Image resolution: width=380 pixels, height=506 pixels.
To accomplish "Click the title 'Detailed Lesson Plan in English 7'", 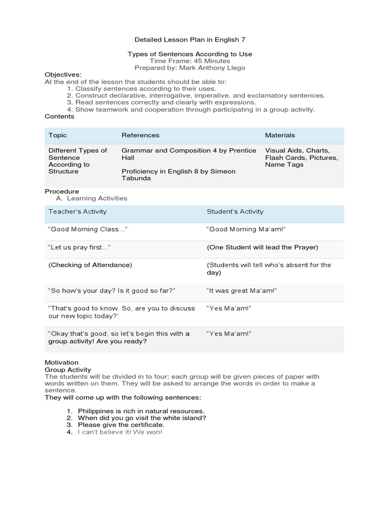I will (x=190, y=39).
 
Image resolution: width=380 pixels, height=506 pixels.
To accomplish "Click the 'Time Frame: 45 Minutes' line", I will (x=190, y=60).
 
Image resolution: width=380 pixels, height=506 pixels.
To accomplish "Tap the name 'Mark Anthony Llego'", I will (x=213, y=67).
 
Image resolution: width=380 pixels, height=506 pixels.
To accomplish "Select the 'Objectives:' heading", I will (x=63, y=74).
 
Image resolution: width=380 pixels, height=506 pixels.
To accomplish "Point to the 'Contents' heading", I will (x=59, y=116).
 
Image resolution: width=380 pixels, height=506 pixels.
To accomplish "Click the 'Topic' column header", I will (x=57, y=135).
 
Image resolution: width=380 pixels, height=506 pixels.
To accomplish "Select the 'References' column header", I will (x=141, y=135).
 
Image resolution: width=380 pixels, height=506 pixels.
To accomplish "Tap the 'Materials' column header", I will (x=280, y=135).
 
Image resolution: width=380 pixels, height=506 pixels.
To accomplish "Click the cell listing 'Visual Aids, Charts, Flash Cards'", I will (x=301, y=157).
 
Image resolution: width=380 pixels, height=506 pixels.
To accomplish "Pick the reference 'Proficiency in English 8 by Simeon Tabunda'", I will (x=171, y=174).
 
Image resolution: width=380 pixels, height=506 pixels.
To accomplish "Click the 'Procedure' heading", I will (x=62, y=191).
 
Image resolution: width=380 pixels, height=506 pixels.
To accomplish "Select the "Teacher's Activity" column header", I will (x=77, y=211).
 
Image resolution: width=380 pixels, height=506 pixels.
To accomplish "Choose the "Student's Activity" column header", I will (x=235, y=211).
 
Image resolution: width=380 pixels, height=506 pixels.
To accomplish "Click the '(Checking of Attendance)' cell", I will (x=90, y=265).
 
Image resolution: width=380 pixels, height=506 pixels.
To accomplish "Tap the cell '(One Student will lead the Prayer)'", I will (x=262, y=247).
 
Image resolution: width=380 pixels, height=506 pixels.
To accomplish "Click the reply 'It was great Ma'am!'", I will (x=241, y=291).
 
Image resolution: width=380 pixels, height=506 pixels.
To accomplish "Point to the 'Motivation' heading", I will (x=61, y=362).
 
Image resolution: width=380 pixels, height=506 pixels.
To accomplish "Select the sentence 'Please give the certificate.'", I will (x=121, y=425).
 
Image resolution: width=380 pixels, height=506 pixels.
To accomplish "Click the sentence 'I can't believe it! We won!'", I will (x=120, y=432).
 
